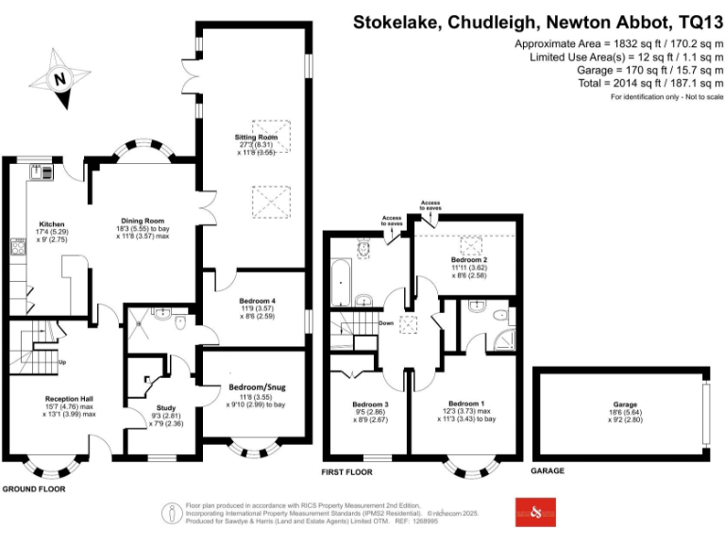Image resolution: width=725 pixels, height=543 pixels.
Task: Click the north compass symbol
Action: pyautogui.click(x=59, y=80)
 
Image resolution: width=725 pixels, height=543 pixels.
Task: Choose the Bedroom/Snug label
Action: pyautogui.click(x=254, y=387)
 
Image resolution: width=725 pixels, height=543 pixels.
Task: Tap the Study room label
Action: pyautogui.click(x=165, y=408)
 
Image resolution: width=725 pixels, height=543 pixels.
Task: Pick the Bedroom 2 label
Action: pyautogui.click(x=468, y=259)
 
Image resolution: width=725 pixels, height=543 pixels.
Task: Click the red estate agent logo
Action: pyautogui.click(x=535, y=512)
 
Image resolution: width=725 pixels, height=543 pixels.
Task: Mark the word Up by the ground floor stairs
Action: pyautogui.click(x=63, y=363)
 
